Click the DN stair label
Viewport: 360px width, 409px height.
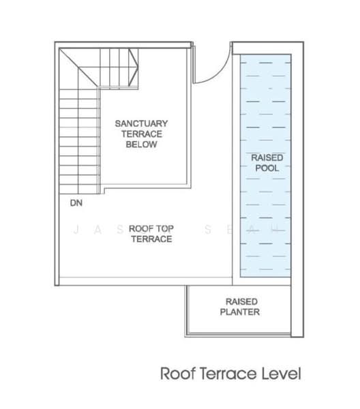[x=76, y=202]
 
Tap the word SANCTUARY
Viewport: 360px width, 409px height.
[x=141, y=123]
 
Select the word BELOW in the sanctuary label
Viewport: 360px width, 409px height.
[x=141, y=145]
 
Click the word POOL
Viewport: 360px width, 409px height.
[x=267, y=168]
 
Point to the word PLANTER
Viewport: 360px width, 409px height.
[x=240, y=312]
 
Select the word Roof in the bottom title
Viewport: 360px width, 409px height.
[x=178, y=374]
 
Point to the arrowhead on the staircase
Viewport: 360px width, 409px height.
[x=134, y=67]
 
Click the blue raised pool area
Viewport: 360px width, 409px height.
[x=265, y=166]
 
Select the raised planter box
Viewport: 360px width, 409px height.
[x=239, y=309]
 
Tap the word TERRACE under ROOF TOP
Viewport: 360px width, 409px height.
[x=151, y=239]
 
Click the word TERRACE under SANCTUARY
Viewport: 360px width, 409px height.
[x=142, y=134]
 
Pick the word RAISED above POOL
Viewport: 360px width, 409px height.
[x=267, y=157]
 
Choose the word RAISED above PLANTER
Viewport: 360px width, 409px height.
[x=241, y=301]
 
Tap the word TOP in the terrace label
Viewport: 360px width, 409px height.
[x=164, y=228]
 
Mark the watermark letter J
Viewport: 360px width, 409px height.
[x=76, y=230]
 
